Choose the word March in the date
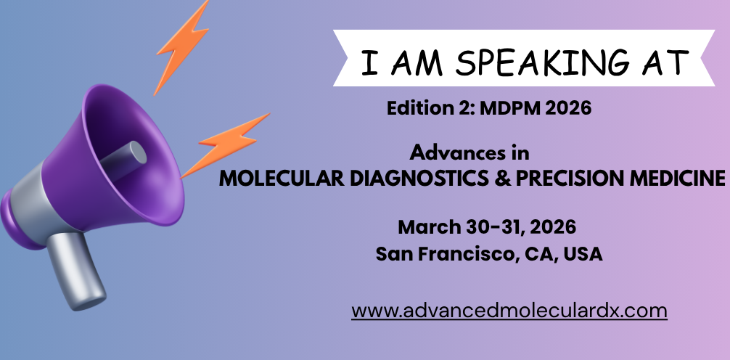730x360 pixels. (x=429, y=227)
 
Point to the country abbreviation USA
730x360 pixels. (x=583, y=254)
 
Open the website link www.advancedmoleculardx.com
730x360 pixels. (x=509, y=311)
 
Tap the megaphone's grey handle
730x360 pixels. (x=76, y=270)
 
